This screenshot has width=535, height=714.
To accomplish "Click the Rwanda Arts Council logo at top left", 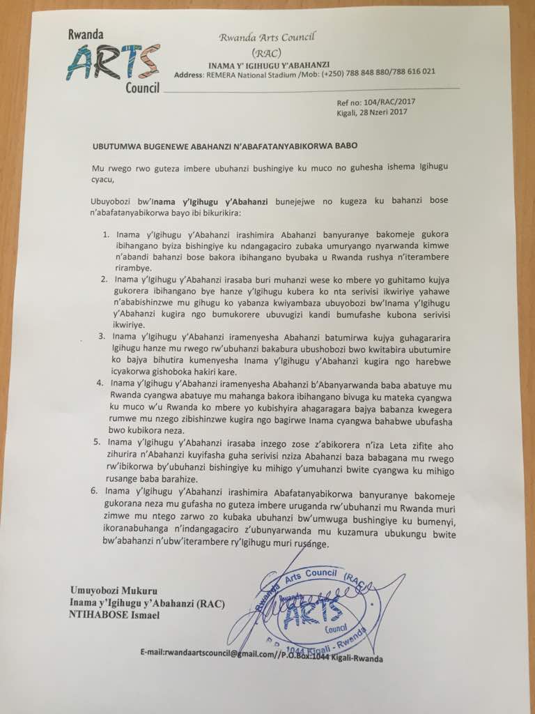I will pos(113,61).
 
